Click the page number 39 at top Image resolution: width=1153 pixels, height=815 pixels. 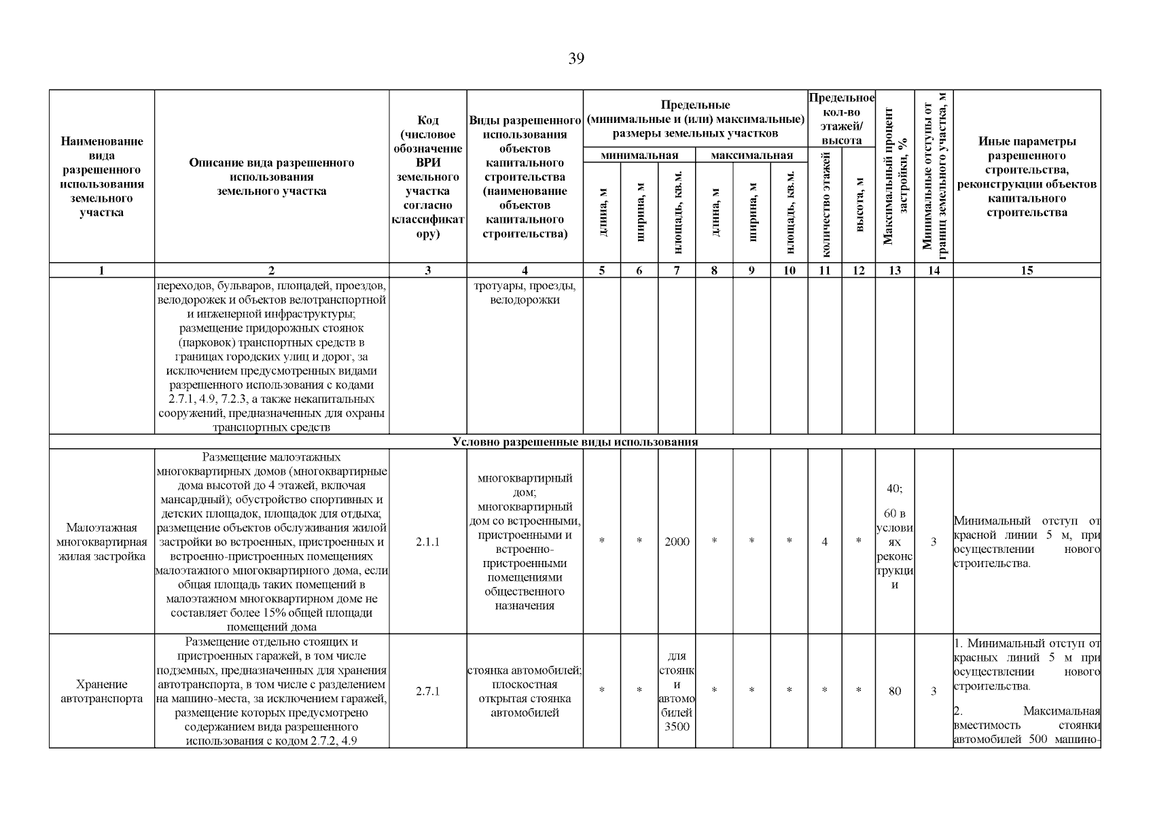pos(575,58)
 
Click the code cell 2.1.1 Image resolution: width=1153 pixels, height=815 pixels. pos(427,542)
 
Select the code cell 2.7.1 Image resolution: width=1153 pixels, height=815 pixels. pos(427,691)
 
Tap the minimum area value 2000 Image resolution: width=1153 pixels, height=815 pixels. pos(676,542)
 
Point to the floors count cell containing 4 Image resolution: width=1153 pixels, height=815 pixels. pos(824,542)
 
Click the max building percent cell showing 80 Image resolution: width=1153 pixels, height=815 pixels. pos(894,691)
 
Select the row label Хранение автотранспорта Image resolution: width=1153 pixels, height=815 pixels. pos(101,691)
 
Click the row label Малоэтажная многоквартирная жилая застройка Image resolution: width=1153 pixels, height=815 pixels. pos(101,542)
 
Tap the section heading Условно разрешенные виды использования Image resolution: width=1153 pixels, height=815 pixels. pos(575,442)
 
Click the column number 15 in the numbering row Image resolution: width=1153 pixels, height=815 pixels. pos(1026,270)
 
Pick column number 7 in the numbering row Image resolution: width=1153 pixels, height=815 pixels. pos(676,270)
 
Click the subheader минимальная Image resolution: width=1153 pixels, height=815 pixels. pos(639,156)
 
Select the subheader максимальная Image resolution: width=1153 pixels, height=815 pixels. pos(751,156)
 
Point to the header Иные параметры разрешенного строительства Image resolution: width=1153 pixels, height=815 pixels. pos(1026,177)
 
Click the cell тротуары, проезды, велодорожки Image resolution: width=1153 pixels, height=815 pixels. pos(525,293)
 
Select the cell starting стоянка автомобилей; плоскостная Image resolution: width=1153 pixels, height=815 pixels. pos(525,691)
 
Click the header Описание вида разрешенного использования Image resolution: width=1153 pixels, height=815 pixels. pos(271,177)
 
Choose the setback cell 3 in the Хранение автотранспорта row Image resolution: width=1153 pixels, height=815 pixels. pos(934,691)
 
